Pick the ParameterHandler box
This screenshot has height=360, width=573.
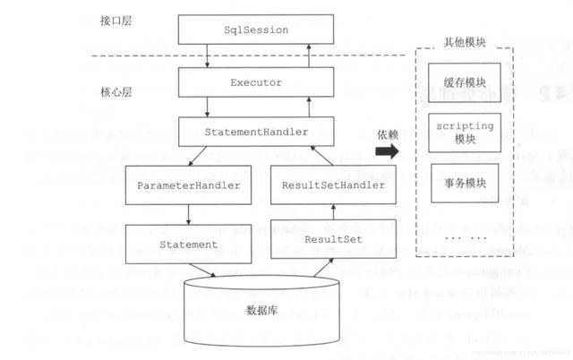tap(188, 185)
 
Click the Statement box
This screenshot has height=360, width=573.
tap(188, 243)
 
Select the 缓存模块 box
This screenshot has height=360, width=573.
tap(465, 81)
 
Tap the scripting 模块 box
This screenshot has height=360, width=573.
tap(465, 133)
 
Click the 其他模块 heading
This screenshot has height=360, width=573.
tap(466, 42)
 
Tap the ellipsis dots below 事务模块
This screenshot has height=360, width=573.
tap(465, 238)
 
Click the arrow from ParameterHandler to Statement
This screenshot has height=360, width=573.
tap(189, 214)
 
